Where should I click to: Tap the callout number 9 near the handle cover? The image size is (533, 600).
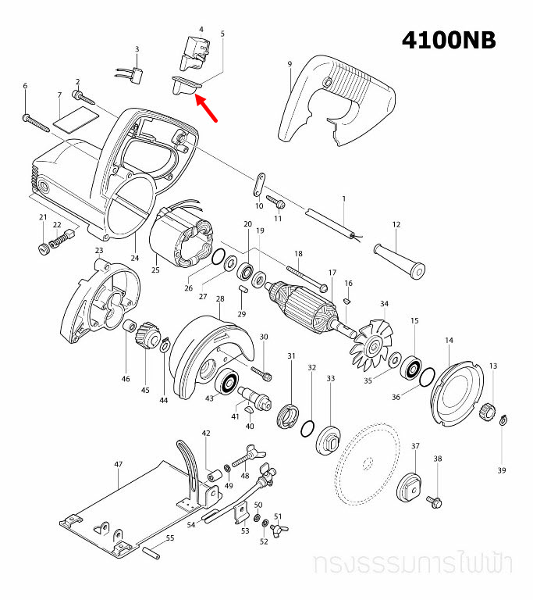click(290, 63)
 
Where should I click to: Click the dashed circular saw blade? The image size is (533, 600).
click(368, 464)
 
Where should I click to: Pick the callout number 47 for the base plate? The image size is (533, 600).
click(118, 464)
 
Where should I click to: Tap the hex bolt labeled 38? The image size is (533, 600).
click(435, 497)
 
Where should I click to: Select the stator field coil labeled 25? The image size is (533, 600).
click(183, 237)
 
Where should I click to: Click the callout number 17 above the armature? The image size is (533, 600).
click(332, 273)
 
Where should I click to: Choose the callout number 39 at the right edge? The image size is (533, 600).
click(502, 470)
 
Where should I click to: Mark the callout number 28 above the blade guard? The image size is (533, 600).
click(220, 299)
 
